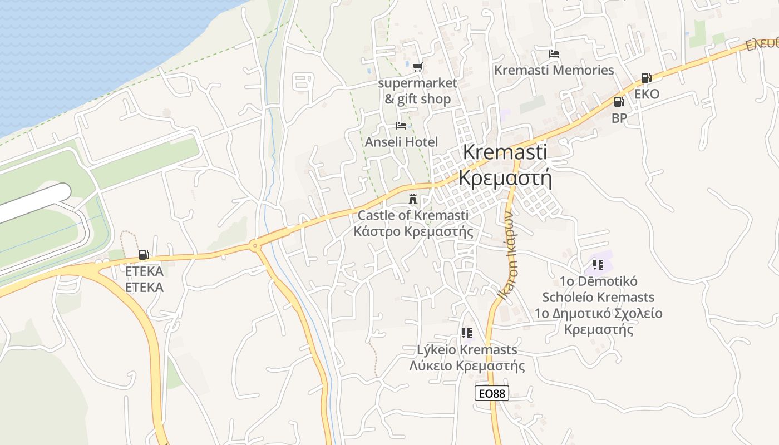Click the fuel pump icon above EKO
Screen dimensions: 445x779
(x=646, y=78)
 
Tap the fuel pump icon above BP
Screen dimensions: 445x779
(x=619, y=102)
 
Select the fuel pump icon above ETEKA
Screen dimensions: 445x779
(x=144, y=255)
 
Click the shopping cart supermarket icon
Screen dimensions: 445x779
(x=417, y=67)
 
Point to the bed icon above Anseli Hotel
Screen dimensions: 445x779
(x=401, y=126)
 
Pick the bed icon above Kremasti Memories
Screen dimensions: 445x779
(x=554, y=55)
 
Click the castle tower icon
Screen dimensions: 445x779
(x=413, y=199)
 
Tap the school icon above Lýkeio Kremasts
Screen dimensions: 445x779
(x=466, y=333)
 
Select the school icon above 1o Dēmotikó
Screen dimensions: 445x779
(x=598, y=265)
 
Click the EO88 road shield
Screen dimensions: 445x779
(x=492, y=393)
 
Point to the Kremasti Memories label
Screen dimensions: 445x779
(x=554, y=70)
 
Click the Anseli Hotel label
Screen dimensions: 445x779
(x=401, y=142)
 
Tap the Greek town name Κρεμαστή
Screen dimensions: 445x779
(x=505, y=178)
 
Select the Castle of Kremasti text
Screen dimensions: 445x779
(x=413, y=215)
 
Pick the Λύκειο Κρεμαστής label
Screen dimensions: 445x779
(x=467, y=366)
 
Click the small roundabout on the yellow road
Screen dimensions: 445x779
(x=255, y=245)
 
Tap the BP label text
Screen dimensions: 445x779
(x=619, y=118)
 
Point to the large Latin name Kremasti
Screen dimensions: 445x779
(x=505, y=152)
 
